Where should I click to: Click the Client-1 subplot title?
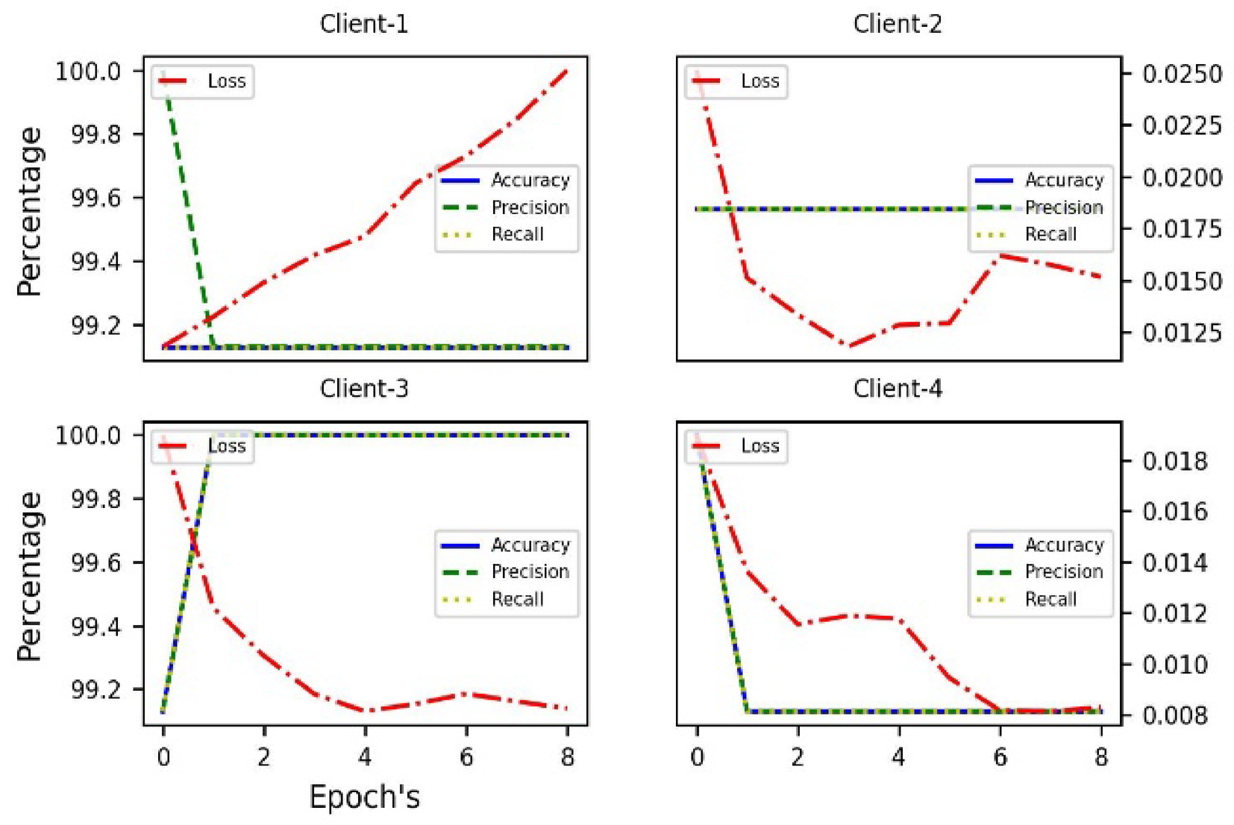364,24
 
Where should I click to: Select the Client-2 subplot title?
898,24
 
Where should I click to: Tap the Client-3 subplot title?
364,388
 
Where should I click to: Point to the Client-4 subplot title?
898,388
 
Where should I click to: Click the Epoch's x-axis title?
364,797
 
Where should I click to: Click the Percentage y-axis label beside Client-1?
30,211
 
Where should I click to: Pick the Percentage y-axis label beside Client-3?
30,576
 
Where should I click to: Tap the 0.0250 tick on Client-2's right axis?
1182,74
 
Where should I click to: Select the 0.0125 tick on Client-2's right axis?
1182,333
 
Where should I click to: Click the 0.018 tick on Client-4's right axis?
1174,461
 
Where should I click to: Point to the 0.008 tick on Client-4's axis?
1174,715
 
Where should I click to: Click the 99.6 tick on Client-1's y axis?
95,198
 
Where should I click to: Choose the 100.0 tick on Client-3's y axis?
88,435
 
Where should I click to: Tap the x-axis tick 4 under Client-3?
364,758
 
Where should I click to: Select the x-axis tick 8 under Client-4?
1100,758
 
